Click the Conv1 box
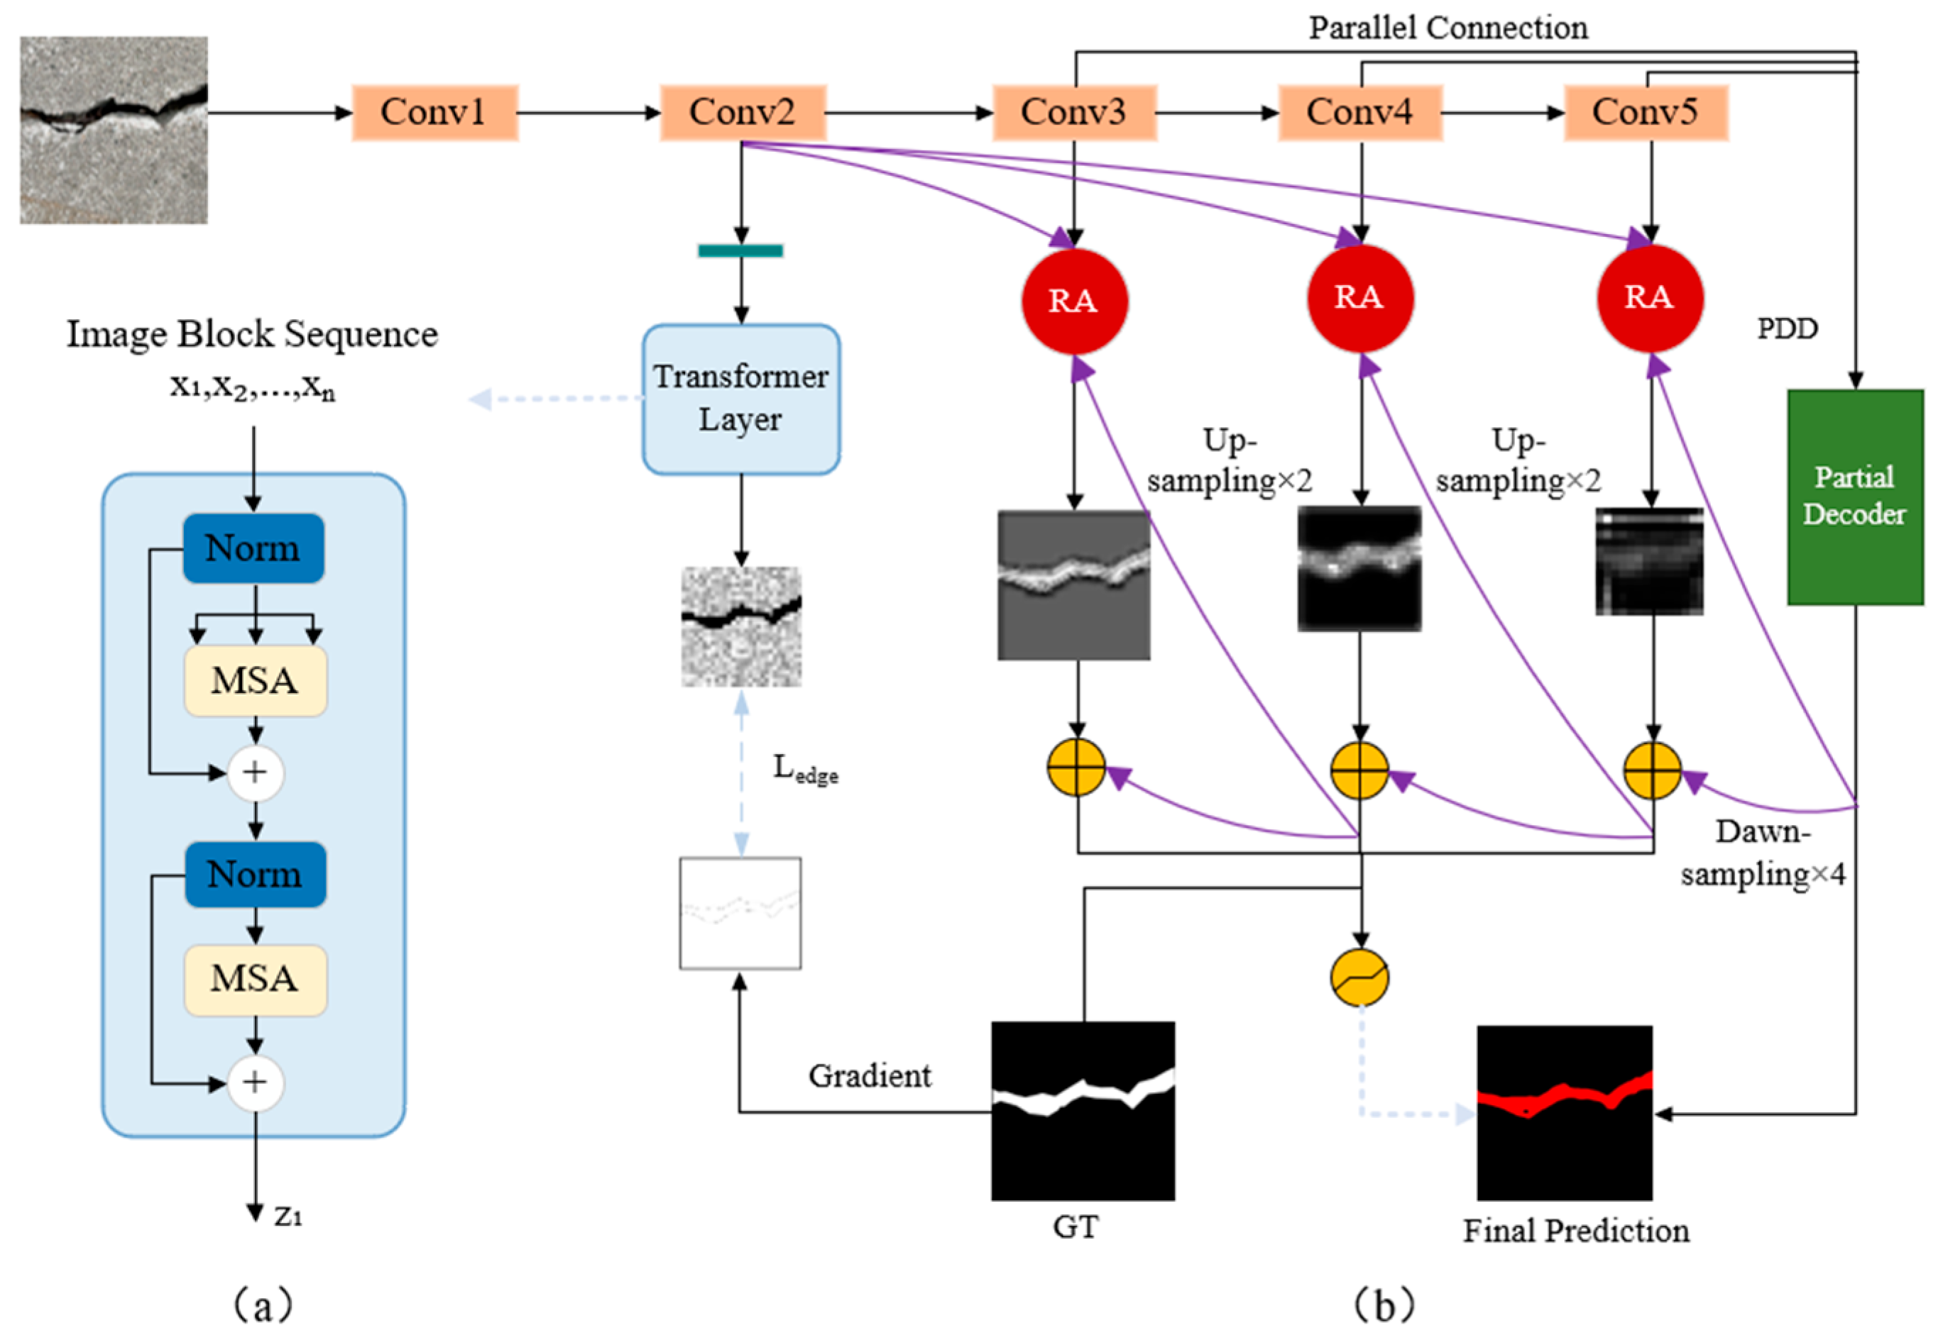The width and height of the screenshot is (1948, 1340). pos(434,113)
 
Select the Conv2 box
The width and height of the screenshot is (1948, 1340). pos(743,113)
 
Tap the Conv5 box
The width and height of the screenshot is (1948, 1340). pos(1645,113)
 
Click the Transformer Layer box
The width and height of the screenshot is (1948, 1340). pos(741,399)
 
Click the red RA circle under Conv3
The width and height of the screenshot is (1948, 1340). pos(1073,301)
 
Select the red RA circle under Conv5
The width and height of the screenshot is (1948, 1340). pos(1649,298)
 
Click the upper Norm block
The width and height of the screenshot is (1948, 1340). pos(253,548)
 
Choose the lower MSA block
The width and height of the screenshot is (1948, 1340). pos(256,980)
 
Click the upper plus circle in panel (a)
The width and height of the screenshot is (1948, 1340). pos(256,773)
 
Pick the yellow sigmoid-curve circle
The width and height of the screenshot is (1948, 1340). pos(1359,978)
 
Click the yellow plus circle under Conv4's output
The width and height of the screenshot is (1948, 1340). pos(1359,770)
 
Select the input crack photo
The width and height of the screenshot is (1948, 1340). pos(114,130)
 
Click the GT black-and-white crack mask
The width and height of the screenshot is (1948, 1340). pos(1082,1110)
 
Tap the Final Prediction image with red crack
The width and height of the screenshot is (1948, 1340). pos(1564,1112)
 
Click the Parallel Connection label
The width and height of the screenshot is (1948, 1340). pos(1448,28)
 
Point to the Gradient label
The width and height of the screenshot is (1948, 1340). pos(870,1075)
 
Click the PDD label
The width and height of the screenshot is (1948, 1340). pos(1787,328)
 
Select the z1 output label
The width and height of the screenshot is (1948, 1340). pos(288,1216)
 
